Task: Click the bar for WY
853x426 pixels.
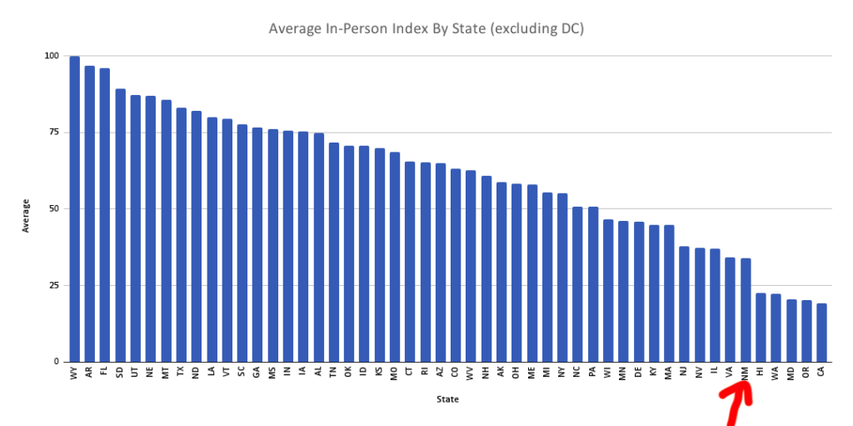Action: pos(75,208)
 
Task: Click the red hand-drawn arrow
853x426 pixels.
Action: pos(738,404)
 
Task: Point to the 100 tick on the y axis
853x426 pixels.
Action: pos(52,56)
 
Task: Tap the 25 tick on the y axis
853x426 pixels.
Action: pos(54,285)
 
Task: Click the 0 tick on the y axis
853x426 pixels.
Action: pos(57,362)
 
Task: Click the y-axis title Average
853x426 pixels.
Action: pos(26,214)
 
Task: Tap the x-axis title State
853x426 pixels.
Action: pos(447,399)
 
